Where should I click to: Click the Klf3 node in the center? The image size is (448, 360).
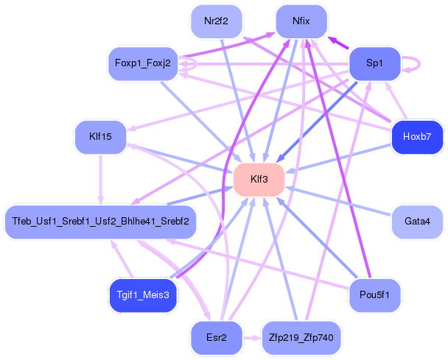259,180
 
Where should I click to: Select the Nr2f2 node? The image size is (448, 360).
217,21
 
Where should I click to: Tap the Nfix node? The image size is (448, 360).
301,21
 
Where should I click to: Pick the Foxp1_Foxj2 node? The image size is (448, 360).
143,63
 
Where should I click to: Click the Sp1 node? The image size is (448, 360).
374,63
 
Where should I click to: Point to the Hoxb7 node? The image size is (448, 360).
417,137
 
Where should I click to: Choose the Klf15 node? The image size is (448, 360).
100,137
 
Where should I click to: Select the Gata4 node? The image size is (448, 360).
417,222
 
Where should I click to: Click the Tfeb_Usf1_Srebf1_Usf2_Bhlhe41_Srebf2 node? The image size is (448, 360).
100,222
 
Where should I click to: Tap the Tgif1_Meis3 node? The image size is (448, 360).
143,295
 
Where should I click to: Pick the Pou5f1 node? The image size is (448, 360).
374,295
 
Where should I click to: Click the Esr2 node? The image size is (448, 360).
217,338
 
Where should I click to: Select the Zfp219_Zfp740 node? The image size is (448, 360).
301,338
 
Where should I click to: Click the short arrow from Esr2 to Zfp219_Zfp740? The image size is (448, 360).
252,339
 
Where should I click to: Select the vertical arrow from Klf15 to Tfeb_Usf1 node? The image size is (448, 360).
100,180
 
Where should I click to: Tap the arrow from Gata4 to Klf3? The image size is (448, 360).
338,201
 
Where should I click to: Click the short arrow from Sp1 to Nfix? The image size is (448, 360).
338,43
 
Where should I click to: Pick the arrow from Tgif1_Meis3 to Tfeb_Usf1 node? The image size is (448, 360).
122,258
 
